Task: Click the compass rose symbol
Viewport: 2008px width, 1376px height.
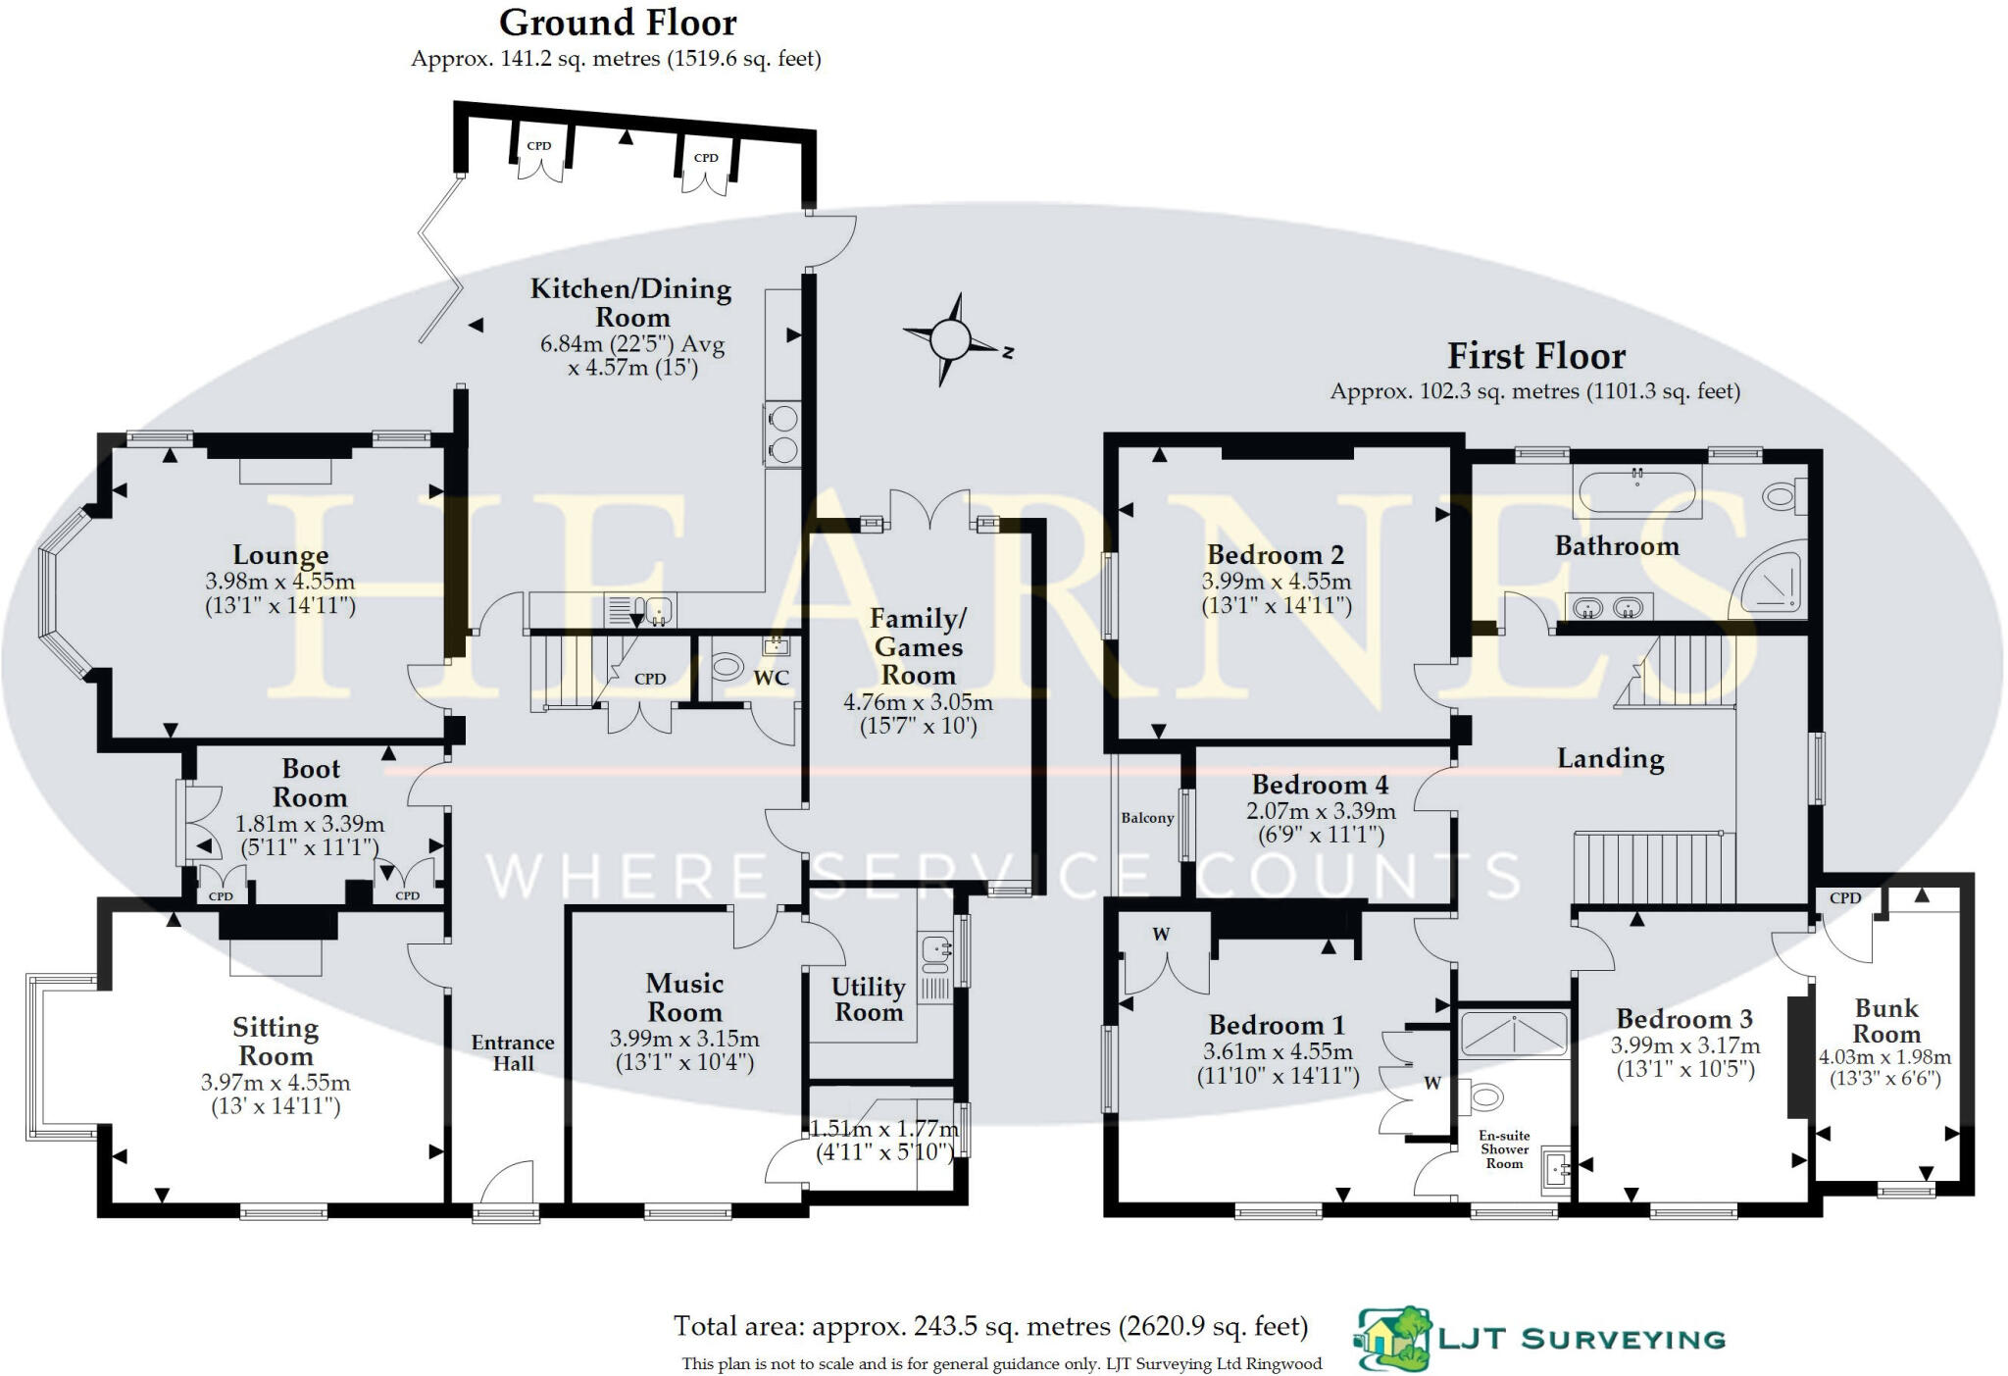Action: point(949,339)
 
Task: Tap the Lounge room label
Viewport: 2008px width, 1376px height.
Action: point(280,555)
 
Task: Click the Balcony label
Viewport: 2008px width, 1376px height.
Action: point(1147,818)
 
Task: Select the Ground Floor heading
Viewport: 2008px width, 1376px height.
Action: point(618,23)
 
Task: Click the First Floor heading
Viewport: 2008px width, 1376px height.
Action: point(1535,355)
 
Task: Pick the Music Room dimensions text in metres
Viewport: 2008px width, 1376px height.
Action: point(684,1039)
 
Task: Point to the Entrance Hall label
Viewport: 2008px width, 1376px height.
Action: point(513,1052)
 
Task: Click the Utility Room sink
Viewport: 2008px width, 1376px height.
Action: point(936,948)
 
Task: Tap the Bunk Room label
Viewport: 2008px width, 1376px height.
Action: point(1885,1021)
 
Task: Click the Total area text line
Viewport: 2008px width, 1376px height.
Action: point(990,1327)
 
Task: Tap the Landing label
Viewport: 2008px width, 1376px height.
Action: point(1610,758)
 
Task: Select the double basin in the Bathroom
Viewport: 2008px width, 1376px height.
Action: point(1608,608)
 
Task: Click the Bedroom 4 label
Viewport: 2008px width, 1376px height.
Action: point(1320,785)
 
